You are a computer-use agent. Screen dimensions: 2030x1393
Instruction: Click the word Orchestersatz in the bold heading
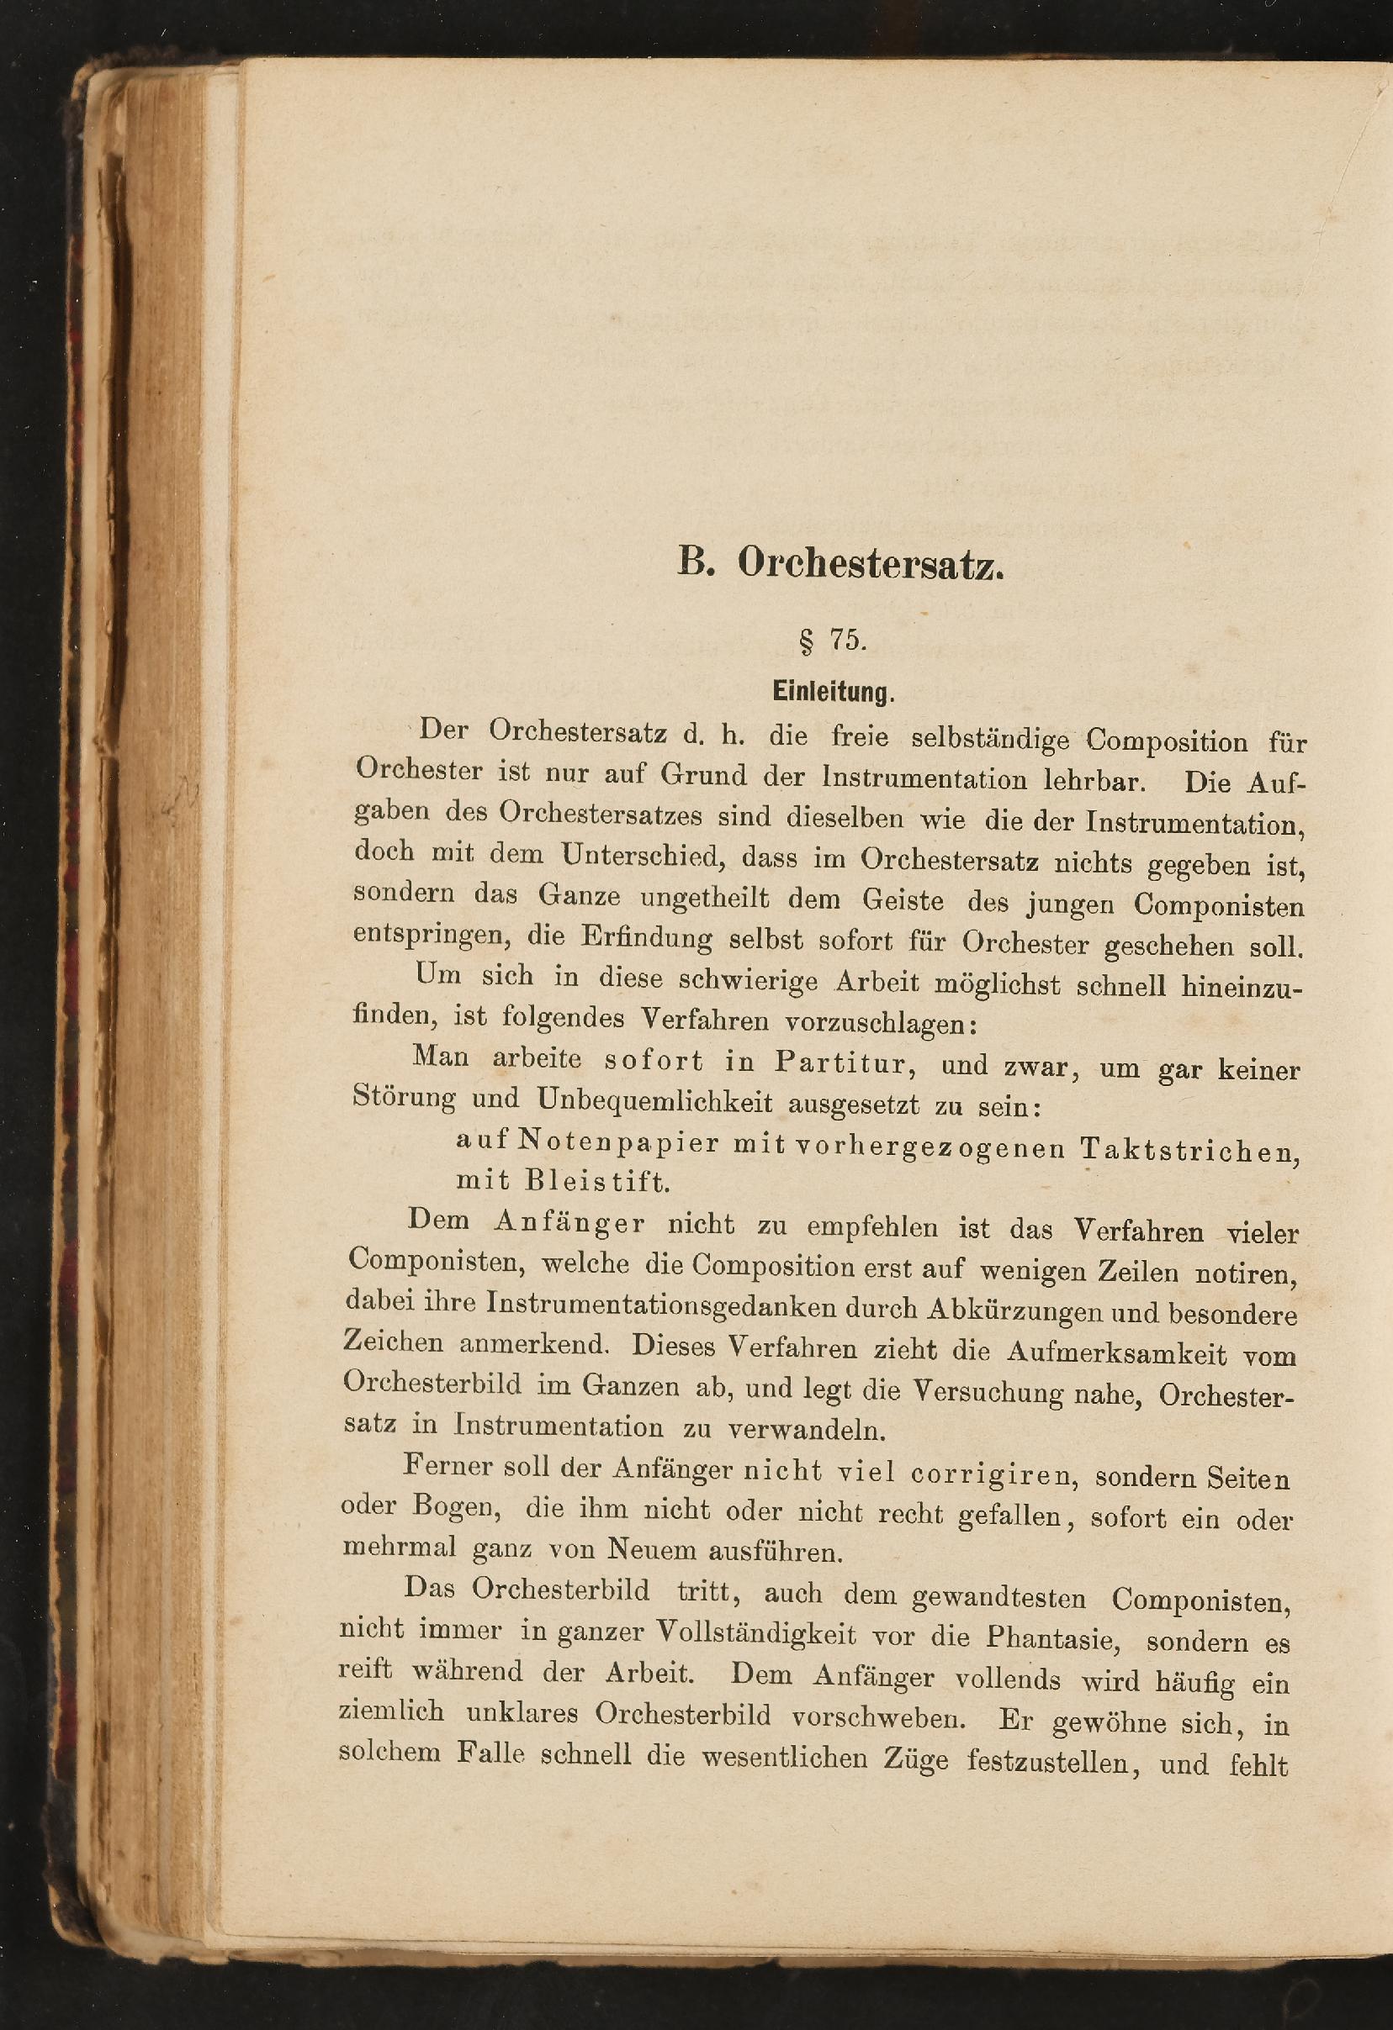click(x=871, y=565)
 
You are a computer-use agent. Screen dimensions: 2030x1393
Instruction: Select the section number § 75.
click(x=832, y=641)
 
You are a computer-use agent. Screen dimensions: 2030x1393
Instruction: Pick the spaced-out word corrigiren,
click(x=991, y=1474)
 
